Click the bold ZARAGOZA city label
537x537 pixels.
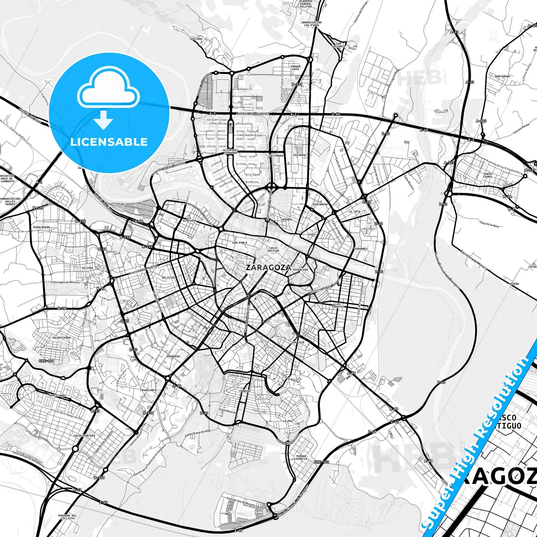[x=268, y=267]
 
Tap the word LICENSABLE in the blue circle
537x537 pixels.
[x=109, y=142]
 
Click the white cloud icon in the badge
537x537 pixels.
[x=108, y=88]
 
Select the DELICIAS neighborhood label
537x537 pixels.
[x=168, y=278]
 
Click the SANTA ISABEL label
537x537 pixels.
[x=488, y=175]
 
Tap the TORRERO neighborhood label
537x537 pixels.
[x=245, y=391]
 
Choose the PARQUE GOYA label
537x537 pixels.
[x=295, y=68]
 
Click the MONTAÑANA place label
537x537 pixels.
[x=502, y=76]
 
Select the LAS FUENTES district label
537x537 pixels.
[x=338, y=305]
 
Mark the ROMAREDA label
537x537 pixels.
[x=173, y=356]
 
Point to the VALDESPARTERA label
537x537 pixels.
[x=84, y=436]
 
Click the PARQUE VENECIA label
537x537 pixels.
[x=302, y=457]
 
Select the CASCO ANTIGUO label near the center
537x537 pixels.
[x=274, y=249]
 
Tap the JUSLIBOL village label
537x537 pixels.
[x=196, y=39]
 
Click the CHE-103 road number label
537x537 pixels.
[x=321, y=462]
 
